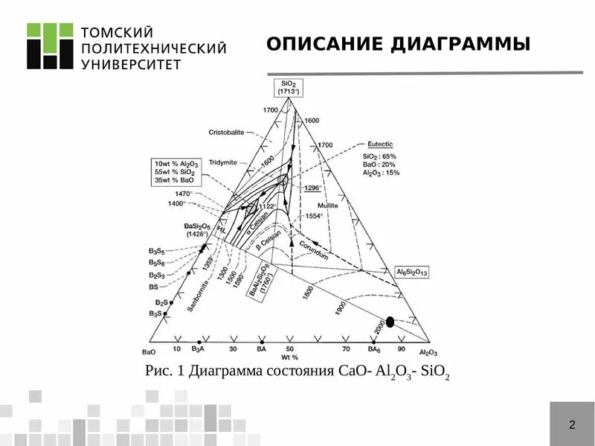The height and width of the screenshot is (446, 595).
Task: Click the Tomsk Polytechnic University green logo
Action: tap(50, 46)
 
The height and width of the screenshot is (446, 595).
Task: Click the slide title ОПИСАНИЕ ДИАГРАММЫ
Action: tap(398, 45)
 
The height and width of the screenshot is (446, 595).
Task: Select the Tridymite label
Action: tap(222, 162)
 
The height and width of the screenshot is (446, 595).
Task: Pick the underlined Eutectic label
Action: tap(379, 144)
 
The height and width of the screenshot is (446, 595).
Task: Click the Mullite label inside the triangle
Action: tap(327, 205)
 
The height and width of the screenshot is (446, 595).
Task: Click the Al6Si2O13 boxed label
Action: tap(411, 273)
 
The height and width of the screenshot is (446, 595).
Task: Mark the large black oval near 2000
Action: tap(390, 322)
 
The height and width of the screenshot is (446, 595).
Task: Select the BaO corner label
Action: tap(148, 351)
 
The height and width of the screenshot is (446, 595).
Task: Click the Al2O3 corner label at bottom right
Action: tap(428, 352)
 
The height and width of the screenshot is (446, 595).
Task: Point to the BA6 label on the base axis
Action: tap(374, 348)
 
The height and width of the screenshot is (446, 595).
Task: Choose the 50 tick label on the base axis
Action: tap(290, 348)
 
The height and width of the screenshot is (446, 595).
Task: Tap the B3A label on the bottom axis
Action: tap(198, 348)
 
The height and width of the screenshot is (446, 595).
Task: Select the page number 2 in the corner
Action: tap(572, 425)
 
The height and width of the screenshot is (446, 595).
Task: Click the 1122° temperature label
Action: tap(266, 206)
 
